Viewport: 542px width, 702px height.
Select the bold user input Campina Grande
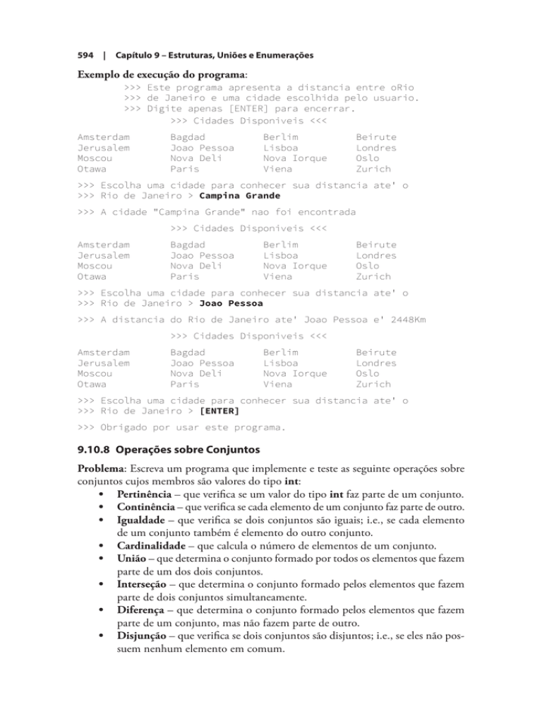[240, 196]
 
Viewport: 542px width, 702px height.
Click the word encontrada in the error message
[320, 213]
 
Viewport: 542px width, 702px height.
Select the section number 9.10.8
[92, 456]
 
